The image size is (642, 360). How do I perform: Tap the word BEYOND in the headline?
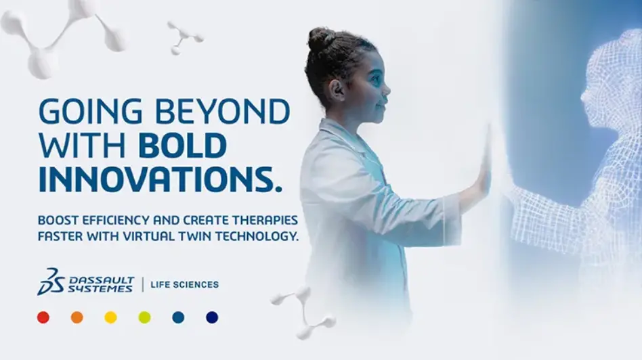coord(223,112)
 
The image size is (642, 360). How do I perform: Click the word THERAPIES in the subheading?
coord(265,221)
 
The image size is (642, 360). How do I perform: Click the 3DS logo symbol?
coord(51,282)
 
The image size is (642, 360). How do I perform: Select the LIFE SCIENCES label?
coord(185,285)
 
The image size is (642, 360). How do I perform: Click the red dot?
coord(43,317)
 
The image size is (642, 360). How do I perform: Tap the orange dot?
coord(77,317)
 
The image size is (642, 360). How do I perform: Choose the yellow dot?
coord(110,317)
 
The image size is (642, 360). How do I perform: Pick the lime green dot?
coord(144,317)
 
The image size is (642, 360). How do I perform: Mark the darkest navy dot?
coord(212,317)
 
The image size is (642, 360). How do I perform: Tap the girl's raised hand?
coord(484,162)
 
